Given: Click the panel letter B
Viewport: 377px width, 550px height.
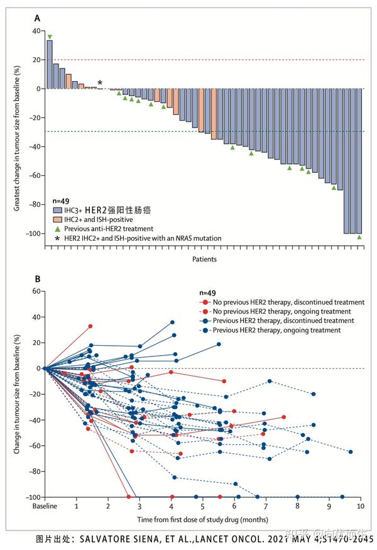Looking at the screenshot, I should coord(37,279).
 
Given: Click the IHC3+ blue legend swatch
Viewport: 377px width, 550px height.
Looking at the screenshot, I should coord(57,209).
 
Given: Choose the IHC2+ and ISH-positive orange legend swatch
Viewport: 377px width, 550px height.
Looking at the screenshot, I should coord(57,219).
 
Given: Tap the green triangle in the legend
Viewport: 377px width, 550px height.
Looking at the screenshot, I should coord(57,229).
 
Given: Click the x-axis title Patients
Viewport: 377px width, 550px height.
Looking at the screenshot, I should coord(205,259).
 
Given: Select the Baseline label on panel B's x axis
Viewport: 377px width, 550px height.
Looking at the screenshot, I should coord(45,505).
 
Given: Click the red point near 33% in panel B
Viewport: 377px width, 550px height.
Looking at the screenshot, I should coord(90,326).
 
